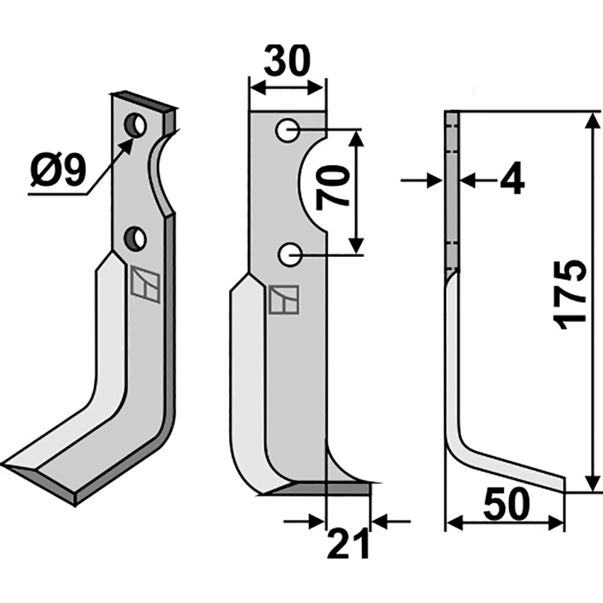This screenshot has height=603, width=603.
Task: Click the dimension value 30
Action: click(287, 61)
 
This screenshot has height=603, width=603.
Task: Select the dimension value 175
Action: click(572, 294)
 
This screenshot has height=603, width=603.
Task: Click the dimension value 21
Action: click(348, 544)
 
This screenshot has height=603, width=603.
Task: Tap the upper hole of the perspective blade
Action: click(136, 125)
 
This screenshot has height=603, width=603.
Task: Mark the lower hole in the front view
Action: click(288, 256)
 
